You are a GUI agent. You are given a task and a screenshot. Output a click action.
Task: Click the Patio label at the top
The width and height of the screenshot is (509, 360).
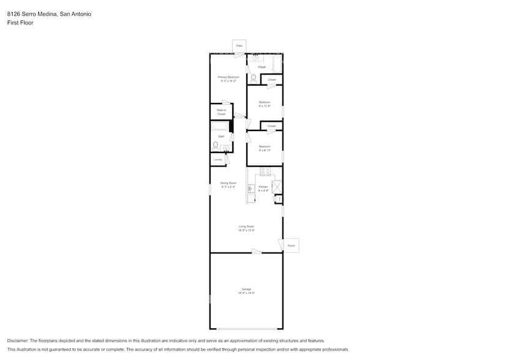pos(239,46)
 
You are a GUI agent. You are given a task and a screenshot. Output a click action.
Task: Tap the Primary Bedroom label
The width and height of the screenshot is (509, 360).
pos(228,78)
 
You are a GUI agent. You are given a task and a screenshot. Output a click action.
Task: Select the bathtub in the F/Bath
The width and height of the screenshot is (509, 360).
pos(276,64)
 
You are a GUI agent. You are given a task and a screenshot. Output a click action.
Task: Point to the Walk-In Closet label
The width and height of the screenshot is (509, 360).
pos(221,112)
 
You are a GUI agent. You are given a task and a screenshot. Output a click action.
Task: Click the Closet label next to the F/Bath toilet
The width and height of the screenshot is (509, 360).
pos(271,80)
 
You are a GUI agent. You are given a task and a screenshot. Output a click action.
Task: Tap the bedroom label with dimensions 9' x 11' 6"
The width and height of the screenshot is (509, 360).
pos(265,103)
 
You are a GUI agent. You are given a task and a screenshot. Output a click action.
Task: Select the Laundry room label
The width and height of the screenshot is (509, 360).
pos(217,160)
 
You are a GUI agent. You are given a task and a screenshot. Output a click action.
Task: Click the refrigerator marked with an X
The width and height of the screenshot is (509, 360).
pos(276,187)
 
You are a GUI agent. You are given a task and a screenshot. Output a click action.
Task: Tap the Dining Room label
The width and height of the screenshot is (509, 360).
pos(228,184)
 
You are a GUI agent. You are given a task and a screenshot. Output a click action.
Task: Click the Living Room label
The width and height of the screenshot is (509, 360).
pos(246,228)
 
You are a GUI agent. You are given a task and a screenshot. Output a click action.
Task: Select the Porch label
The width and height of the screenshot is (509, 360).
pos(291,246)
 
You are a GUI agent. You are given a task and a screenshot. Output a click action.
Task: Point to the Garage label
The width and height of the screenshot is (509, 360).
pos(246,290)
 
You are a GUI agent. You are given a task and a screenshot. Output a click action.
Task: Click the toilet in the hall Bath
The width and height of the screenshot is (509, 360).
pos(215,146)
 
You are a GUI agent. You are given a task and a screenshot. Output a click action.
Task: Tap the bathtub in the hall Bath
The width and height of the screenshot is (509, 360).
pos(220,126)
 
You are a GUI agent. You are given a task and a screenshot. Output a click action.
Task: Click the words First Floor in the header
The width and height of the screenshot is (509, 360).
pos(20,23)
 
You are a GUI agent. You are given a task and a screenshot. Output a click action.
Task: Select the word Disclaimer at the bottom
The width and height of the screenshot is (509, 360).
pos(18,340)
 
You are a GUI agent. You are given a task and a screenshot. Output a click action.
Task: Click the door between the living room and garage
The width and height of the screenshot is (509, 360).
pos(257,252)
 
